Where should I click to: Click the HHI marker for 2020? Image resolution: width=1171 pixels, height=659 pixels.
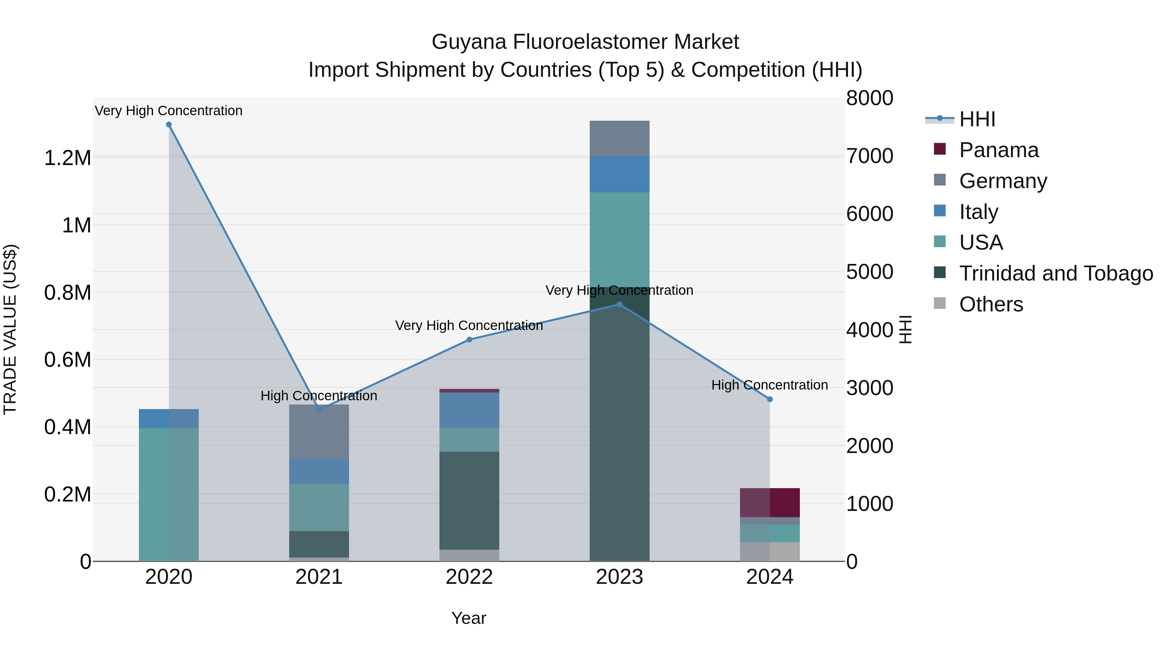tap(168, 125)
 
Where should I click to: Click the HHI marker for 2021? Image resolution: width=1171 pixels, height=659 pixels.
tap(319, 409)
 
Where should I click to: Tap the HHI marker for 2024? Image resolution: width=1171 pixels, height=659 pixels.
tap(770, 399)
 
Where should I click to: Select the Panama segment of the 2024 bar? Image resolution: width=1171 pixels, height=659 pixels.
tap(770, 502)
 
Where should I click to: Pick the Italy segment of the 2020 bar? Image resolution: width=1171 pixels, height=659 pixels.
tap(168, 419)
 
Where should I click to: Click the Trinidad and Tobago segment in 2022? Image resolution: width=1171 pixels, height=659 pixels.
tap(469, 500)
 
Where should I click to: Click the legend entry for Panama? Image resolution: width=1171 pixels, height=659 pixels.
tap(998, 150)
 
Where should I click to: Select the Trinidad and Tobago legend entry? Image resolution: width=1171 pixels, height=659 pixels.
tap(1056, 273)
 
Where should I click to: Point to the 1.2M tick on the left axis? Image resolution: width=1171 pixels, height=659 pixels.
tap(67, 158)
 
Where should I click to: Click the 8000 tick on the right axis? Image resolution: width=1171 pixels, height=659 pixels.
tap(869, 98)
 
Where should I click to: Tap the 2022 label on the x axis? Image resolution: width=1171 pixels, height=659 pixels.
tap(469, 577)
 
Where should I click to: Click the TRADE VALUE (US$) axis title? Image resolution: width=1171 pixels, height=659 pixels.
tap(10, 329)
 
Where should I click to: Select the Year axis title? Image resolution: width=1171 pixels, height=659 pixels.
tap(469, 618)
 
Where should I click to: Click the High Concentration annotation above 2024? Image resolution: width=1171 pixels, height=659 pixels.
tap(769, 385)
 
